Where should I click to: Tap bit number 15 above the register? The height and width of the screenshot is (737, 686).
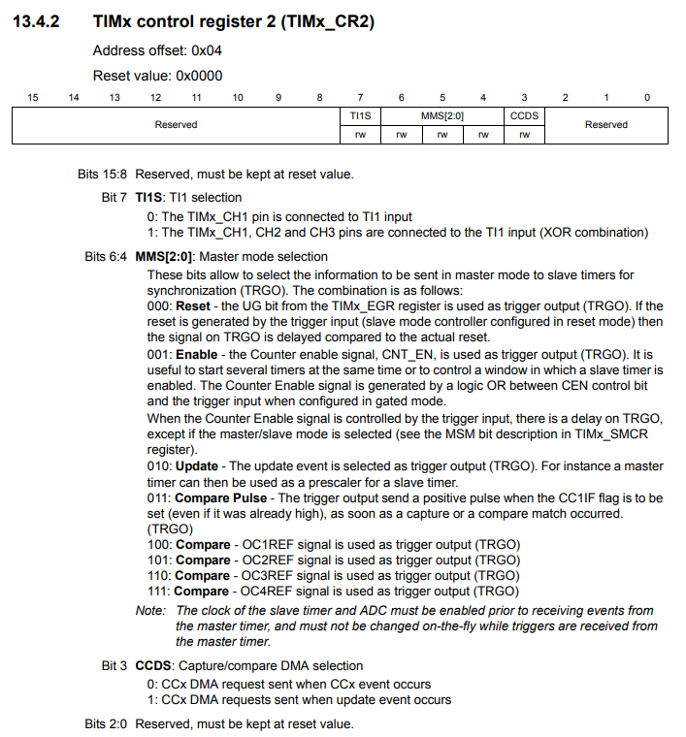click(x=32, y=97)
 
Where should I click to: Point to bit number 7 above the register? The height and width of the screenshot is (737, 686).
click(x=360, y=97)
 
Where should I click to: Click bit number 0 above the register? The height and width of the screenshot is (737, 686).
click(x=647, y=97)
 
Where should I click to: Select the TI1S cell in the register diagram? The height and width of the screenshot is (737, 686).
click(x=360, y=115)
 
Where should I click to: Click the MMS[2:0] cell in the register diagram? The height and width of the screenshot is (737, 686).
click(x=441, y=115)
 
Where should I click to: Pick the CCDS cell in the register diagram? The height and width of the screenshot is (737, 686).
click(x=524, y=115)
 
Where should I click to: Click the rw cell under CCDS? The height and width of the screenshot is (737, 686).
click(x=524, y=135)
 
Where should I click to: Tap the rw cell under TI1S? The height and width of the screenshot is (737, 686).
click(x=360, y=135)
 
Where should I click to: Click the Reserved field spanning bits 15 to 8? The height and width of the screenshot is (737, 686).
click(x=176, y=125)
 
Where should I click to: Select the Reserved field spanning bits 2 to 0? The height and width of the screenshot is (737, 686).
click(x=606, y=125)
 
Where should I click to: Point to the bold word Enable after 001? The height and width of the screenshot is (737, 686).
click(x=196, y=354)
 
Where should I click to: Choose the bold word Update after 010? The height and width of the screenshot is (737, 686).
click(x=197, y=466)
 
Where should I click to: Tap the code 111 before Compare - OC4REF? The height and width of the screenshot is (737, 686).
click(x=157, y=591)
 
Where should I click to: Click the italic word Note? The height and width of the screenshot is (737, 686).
click(x=150, y=611)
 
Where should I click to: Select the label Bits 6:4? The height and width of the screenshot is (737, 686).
click(x=106, y=257)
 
